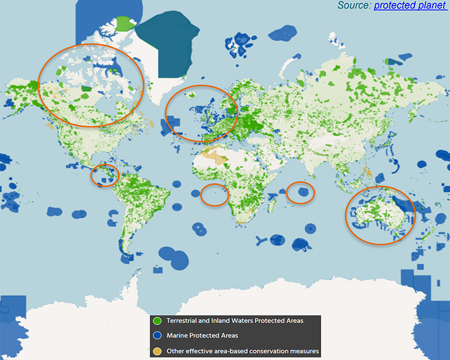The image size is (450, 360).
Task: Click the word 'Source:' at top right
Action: (354, 5)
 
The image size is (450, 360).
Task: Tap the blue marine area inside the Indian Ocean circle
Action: (303, 192)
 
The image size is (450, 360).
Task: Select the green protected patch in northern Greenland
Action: (125, 24)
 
